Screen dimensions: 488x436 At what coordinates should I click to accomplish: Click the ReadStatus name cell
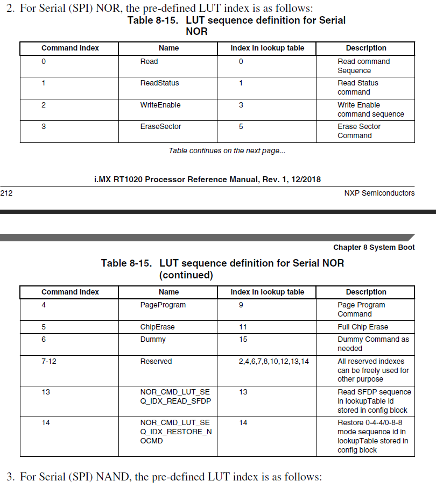tap(159, 83)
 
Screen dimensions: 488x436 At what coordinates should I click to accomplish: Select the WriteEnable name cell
tap(160, 105)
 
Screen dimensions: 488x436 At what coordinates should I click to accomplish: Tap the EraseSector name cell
tap(160, 127)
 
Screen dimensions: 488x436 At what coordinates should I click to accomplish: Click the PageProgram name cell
tap(163, 305)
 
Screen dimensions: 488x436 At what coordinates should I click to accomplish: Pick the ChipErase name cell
tap(157, 327)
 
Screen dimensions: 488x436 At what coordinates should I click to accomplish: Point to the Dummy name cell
tap(153, 340)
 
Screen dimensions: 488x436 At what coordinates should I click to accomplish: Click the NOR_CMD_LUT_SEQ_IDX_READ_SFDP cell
tap(175, 397)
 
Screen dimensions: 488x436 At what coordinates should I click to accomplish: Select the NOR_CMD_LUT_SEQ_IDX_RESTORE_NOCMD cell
tap(175, 432)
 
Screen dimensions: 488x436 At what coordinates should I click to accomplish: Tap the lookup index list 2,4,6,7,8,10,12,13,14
tap(274, 362)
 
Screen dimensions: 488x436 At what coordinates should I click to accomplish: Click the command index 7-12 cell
tap(48, 362)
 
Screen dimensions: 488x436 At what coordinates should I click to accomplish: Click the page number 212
tap(6, 193)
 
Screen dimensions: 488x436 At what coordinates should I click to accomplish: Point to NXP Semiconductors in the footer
tap(379, 193)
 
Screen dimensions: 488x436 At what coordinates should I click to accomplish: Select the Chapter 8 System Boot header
tap(374, 247)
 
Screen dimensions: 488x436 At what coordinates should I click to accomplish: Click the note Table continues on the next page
tap(227, 151)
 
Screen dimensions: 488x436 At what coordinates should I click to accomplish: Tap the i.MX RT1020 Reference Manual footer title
tap(207, 180)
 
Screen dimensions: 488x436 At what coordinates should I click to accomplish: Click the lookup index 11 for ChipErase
tap(243, 327)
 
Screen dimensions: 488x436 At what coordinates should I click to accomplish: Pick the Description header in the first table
tap(366, 48)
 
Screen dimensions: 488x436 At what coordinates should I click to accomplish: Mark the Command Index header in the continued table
tap(70, 292)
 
